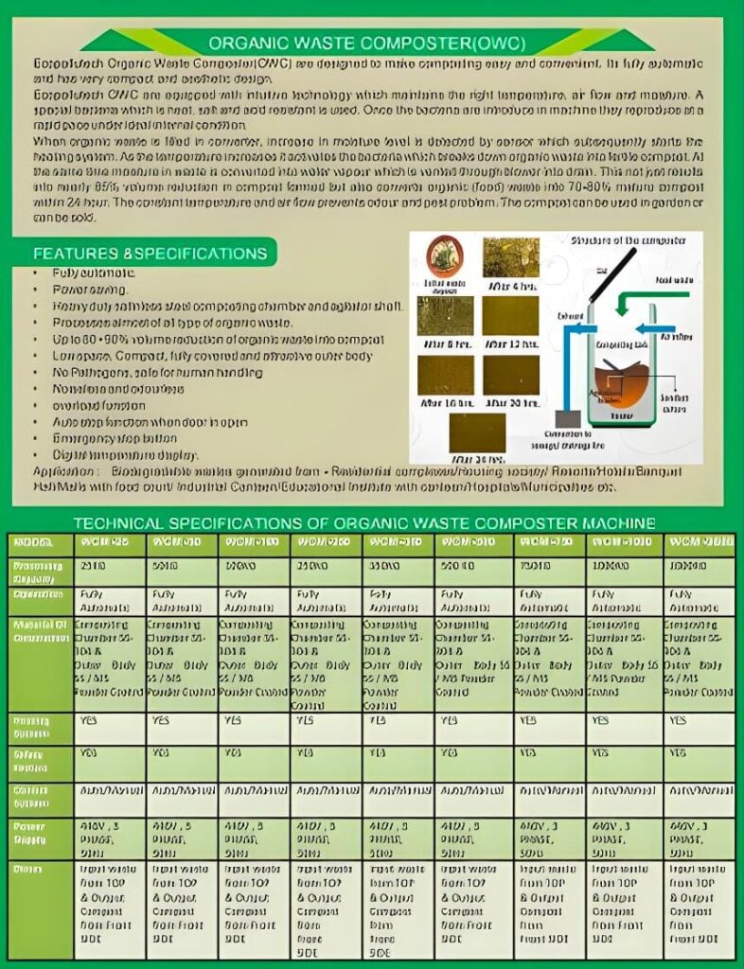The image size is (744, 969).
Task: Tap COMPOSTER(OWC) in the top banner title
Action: click(x=452, y=44)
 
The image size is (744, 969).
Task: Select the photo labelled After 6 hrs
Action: click(x=511, y=256)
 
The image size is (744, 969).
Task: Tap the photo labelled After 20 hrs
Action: click(x=511, y=375)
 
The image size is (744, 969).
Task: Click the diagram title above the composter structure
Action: click(x=622, y=241)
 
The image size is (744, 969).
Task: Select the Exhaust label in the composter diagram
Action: click(x=571, y=315)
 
